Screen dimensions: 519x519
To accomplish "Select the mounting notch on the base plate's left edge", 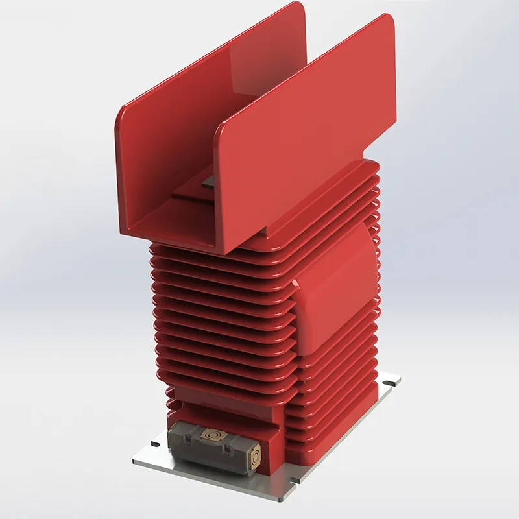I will pyautogui.click(x=155, y=444).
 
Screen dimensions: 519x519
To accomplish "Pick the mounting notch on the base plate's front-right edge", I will pyautogui.click(x=295, y=481).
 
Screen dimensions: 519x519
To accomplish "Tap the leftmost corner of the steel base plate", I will pyautogui.click(x=134, y=462).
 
